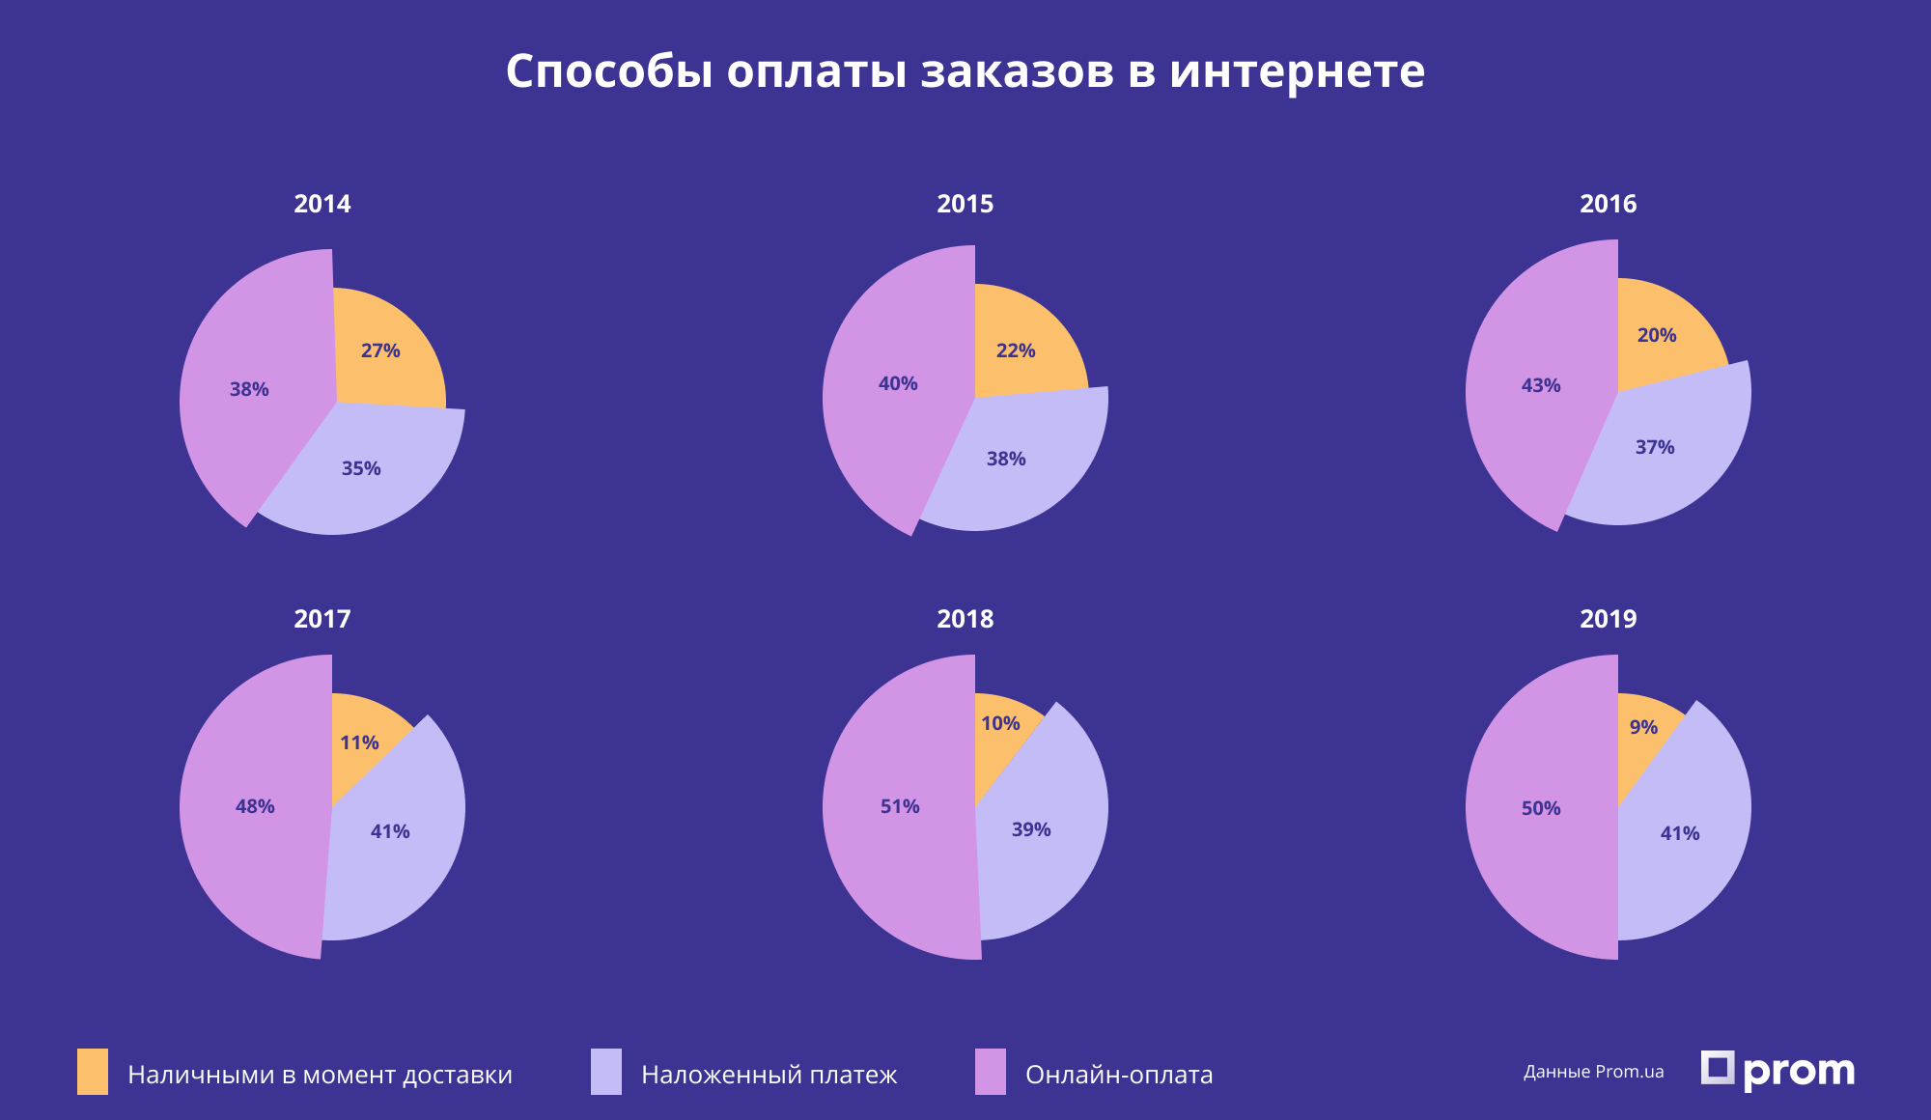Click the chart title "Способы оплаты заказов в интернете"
pyautogui.click(x=965, y=71)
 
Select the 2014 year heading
pyautogui.click(x=322, y=204)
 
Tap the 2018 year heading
pyautogui.click(x=965, y=619)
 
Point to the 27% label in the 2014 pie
pyautogui.click(x=380, y=350)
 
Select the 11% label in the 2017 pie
pyautogui.click(x=359, y=742)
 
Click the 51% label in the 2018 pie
pyautogui.click(x=900, y=806)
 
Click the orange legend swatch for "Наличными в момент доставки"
pyautogui.click(x=93, y=1072)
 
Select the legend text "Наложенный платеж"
pyautogui.click(x=769, y=1075)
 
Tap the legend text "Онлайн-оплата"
pyautogui.click(x=1119, y=1075)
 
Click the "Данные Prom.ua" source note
pyautogui.click(x=1593, y=1072)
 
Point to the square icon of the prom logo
pyautogui.click(x=1717, y=1068)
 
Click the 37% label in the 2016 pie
pyautogui.click(x=1655, y=447)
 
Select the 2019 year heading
pyautogui.click(x=1608, y=619)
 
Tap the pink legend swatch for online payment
pyautogui.click(x=991, y=1072)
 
